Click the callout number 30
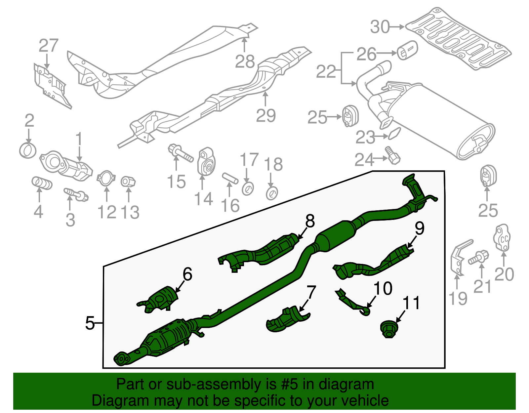tap(380, 27)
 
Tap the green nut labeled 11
tap(389, 329)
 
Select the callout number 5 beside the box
tap(90, 323)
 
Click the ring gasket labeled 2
tap(28, 151)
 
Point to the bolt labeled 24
tap(392, 156)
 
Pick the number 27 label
tap(49, 46)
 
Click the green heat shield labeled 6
tap(158, 300)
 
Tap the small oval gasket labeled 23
tap(394, 133)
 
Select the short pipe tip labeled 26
tap(407, 50)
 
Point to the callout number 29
tap(265, 116)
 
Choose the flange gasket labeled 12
tap(106, 178)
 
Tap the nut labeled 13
tap(128, 182)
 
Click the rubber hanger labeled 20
tap(502, 237)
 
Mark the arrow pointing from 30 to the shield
tap(397, 27)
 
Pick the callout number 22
tap(326, 71)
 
